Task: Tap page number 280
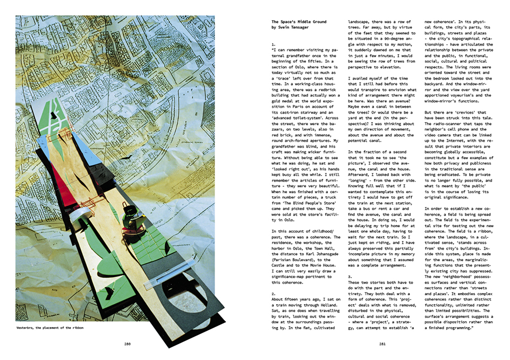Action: point(127,343)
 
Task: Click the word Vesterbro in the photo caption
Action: point(27,328)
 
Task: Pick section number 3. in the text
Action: point(350,277)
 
